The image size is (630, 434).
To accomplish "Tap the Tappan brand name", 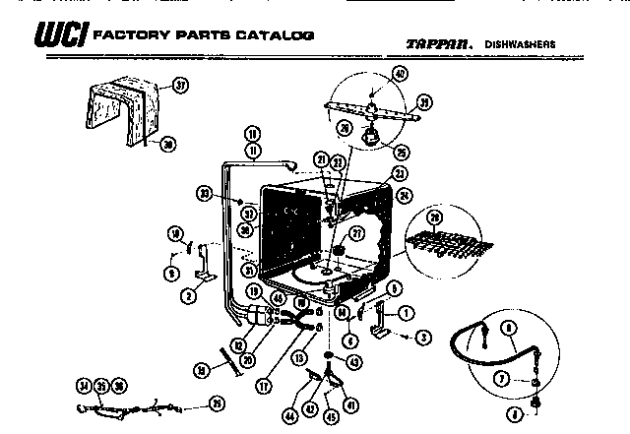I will pos(437,43).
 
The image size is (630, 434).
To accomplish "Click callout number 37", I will pos(179,86).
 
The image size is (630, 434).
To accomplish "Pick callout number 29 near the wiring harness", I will pos(217,402).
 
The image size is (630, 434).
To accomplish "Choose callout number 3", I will pos(424,338).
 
